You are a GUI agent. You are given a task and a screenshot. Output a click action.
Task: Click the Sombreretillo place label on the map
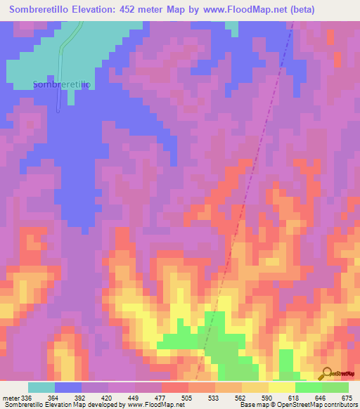[x=62, y=85]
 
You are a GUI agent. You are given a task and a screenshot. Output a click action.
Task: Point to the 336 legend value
[x=27, y=398]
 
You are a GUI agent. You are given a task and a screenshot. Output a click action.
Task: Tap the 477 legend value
[x=161, y=398]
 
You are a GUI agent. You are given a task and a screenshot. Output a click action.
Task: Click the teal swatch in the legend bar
[x=41, y=387]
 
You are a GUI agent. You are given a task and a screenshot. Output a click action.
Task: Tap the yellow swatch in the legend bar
[x=281, y=387]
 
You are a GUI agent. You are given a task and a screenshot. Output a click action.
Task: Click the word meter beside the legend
[x=9, y=398]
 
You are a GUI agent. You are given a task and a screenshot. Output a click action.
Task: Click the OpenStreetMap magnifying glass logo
[x=326, y=372]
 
